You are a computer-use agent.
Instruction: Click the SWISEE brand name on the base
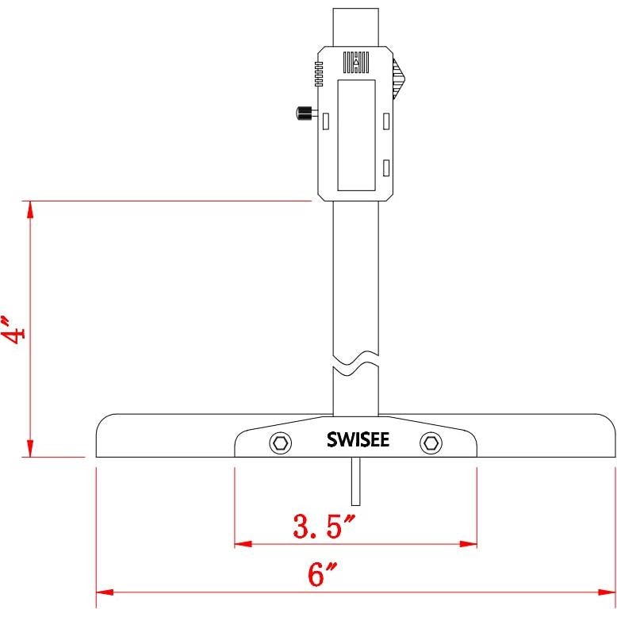(358, 440)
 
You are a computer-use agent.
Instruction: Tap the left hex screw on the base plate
(280, 443)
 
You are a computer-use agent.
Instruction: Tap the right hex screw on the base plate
(431, 443)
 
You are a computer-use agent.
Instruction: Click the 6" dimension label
(319, 575)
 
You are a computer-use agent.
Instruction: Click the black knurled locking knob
(302, 113)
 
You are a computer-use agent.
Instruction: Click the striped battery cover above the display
(355, 63)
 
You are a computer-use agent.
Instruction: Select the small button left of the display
(326, 120)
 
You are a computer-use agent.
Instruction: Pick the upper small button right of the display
(385, 120)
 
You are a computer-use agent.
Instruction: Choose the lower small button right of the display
(385, 167)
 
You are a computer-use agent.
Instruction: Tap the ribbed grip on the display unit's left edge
(317, 75)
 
